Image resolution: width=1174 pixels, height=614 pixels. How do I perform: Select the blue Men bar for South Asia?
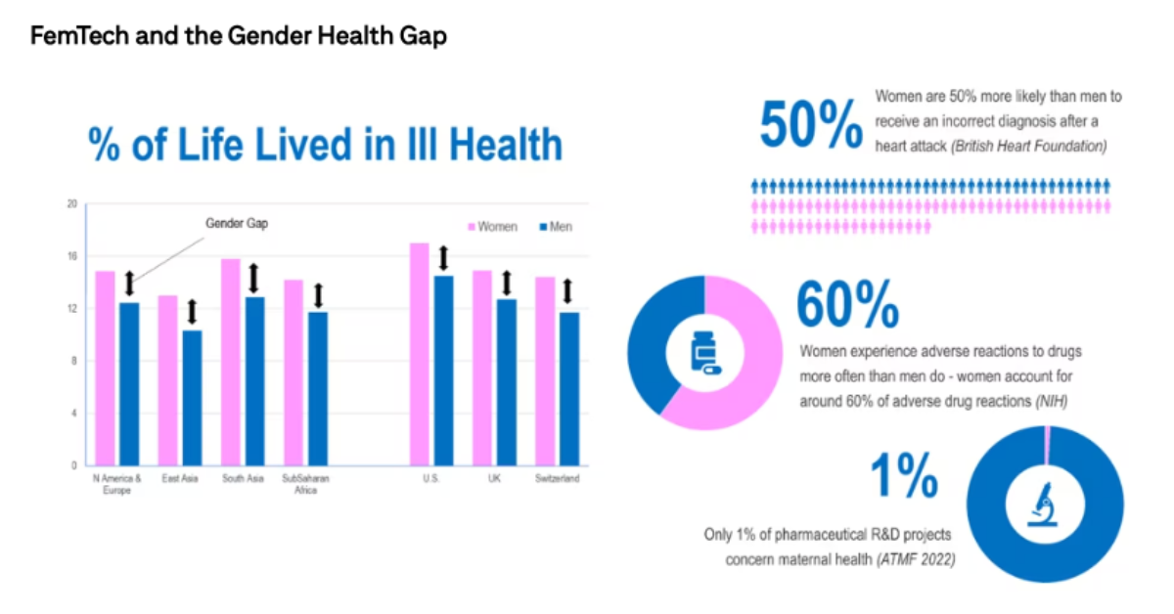pyautogui.click(x=254, y=381)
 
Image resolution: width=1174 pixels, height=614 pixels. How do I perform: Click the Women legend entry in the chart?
pyautogui.click(x=493, y=227)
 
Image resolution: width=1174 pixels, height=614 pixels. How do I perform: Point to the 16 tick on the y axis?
pyautogui.click(x=71, y=256)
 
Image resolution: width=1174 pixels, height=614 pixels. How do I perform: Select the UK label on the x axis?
pyautogui.click(x=494, y=479)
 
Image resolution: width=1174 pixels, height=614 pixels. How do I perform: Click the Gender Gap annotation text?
pyautogui.click(x=236, y=224)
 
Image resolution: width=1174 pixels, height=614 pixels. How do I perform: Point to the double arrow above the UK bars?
pyautogui.click(x=507, y=284)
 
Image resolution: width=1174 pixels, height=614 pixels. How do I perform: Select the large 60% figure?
pyautogui.click(x=847, y=305)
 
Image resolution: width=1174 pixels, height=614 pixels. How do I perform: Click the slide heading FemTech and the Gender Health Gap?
pyautogui.click(x=240, y=37)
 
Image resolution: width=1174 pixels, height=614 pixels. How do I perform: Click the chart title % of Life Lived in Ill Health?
pyautogui.click(x=326, y=145)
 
